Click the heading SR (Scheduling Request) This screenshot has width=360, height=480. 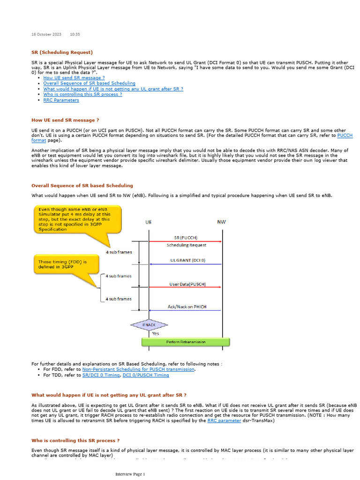point(62,52)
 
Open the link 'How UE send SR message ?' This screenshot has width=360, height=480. point(74,78)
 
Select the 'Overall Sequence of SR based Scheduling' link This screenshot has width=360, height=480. point(89,83)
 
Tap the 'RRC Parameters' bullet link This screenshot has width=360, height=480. point(61,100)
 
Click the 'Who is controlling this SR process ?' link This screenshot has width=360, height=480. point(82,95)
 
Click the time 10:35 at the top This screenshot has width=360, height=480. point(75,34)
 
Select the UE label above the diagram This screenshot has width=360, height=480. point(148,222)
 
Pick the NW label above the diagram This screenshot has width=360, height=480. point(221,222)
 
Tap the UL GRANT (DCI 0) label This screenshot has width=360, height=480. point(187,260)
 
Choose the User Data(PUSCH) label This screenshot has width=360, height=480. point(187,284)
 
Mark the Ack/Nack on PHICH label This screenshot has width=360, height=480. point(187,307)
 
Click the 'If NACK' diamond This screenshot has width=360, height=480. point(149,324)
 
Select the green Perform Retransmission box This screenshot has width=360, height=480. point(186,342)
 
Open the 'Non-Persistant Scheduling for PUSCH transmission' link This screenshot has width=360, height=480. point(138,369)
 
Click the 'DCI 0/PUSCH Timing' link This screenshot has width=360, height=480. point(146,375)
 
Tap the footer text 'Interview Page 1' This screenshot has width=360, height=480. point(130,474)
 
